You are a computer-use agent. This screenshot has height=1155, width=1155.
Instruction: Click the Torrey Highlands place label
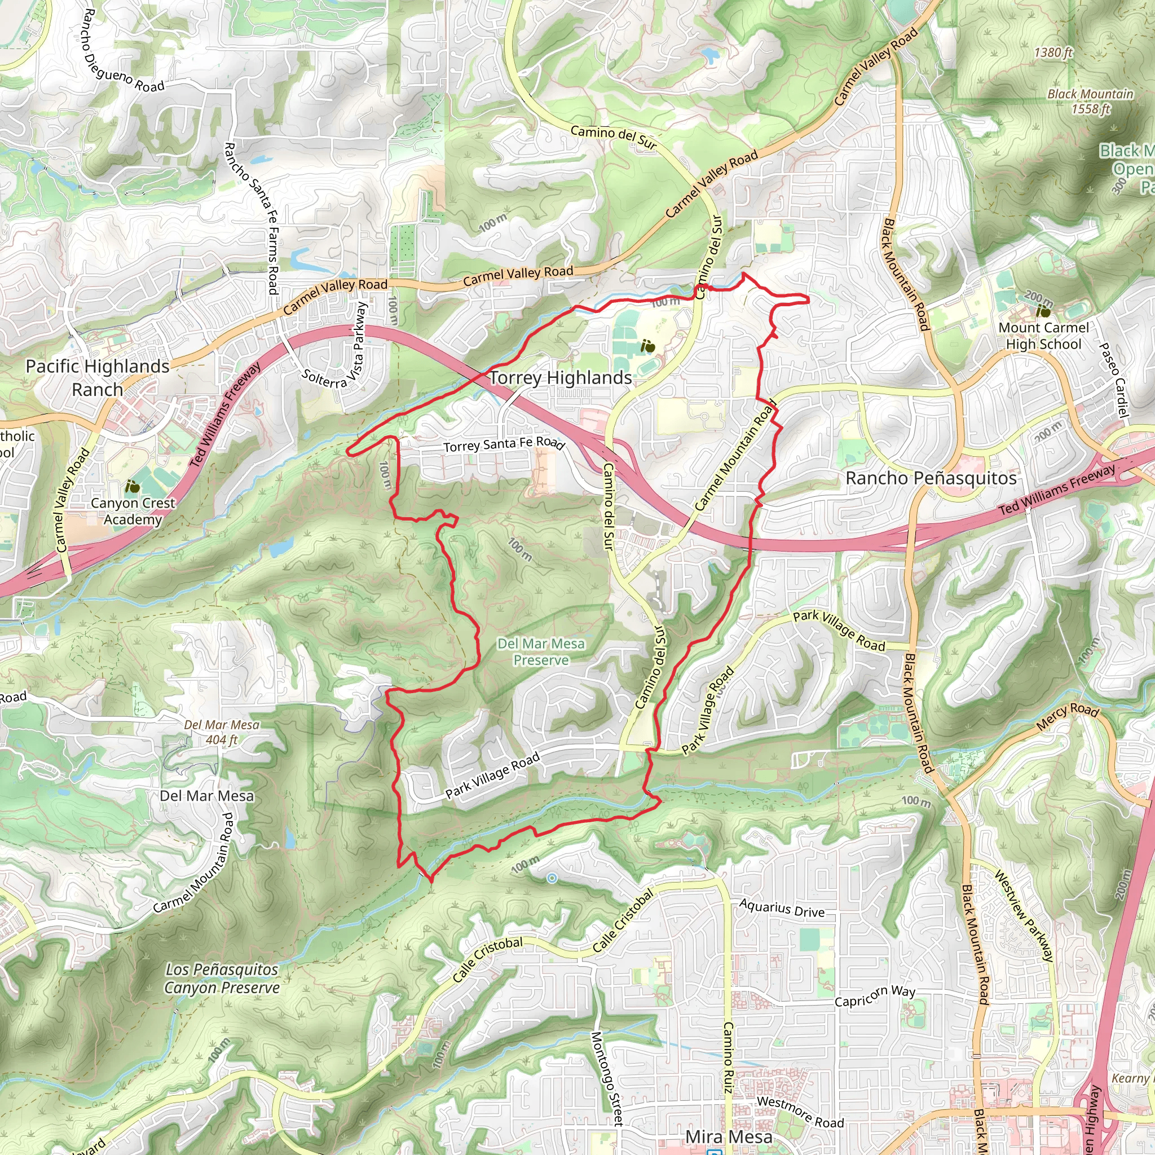pyautogui.click(x=561, y=378)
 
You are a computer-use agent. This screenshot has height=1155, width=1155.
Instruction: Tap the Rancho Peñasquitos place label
pyautogui.click(x=931, y=478)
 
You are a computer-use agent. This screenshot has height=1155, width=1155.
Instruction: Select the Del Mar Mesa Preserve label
pyautogui.click(x=541, y=651)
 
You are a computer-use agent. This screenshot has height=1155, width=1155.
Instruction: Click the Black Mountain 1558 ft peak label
pyautogui.click(x=1090, y=101)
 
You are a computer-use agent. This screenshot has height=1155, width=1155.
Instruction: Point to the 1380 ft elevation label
pyautogui.click(x=1053, y=52)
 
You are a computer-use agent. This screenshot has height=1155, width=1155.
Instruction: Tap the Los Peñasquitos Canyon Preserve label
pyautogui.click(x=222, y=978)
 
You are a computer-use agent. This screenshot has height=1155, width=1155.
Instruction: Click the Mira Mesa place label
pyautogui.click(x=729, y=1136)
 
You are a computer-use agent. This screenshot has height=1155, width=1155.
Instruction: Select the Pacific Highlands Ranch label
pyautogui.click(x=98, y=378)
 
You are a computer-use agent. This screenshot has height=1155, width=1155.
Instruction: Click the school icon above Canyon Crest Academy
pyautogui.click(x=133, y=487)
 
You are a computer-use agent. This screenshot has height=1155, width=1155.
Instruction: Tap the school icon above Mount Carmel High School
pyautogui.click(x=1044, y=311)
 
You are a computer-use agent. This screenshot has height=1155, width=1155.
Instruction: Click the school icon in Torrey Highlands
pyautogui.click(x=647, y=346)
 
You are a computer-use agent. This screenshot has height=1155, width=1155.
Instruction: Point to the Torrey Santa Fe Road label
pyautogui.click(x=504, y=444)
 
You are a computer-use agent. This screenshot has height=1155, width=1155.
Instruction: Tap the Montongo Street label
pyautogui.click(x=607, y=1078)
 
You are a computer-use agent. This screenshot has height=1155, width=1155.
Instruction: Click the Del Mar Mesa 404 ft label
pyautogui.click(x=222, y=731)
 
